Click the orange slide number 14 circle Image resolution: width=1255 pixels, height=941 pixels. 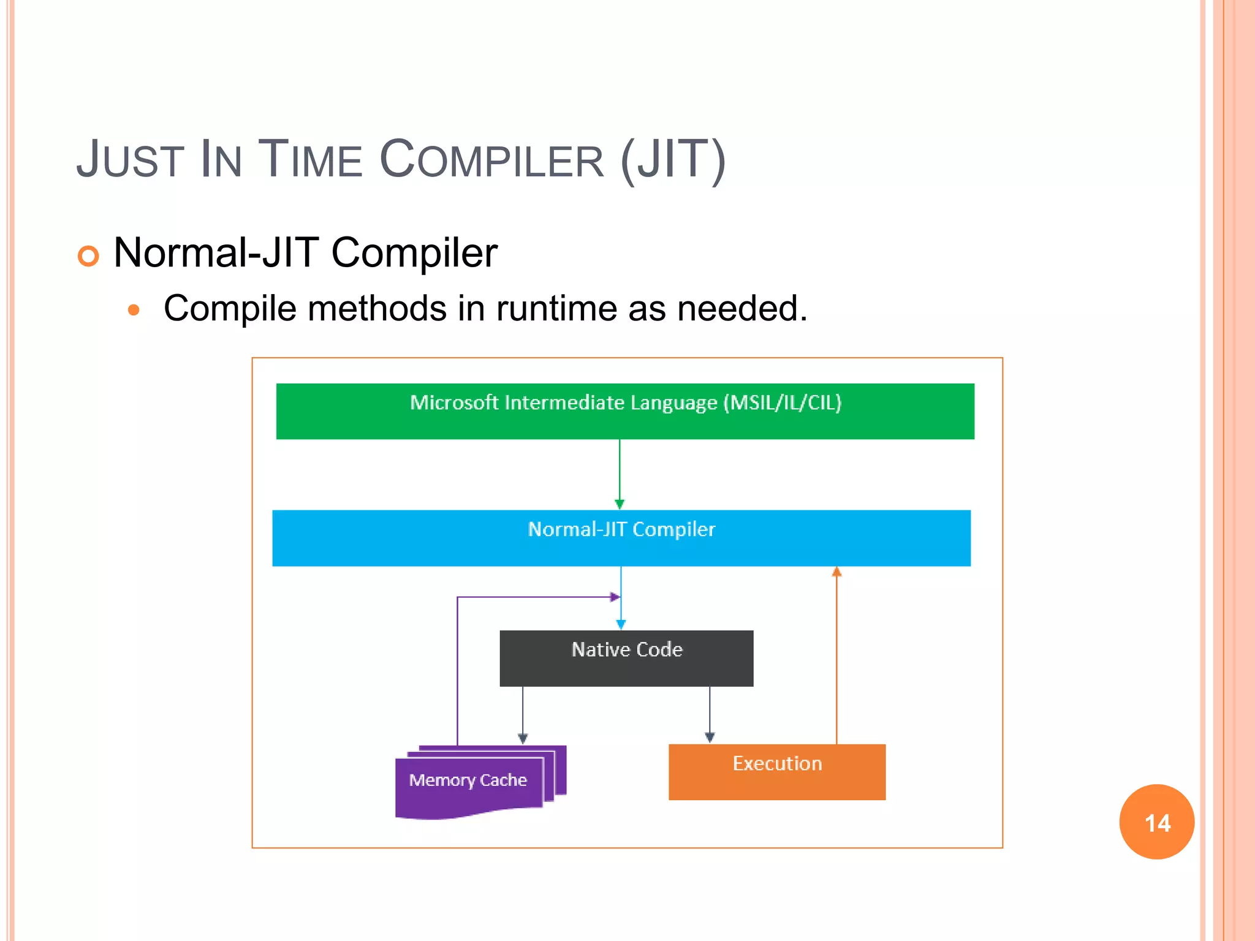click(x=1156, y=822)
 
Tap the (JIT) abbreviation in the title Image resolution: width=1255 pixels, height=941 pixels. click(x=673, y=160)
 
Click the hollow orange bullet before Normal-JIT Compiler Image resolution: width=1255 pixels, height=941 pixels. click(x=88, y=255)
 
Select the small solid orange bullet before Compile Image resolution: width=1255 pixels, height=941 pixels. click(x=134, y=310)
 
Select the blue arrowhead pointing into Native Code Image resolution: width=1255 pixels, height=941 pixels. click(x=621, y=624)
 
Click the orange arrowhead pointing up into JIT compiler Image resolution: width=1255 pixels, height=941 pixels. click(x=836, y=572)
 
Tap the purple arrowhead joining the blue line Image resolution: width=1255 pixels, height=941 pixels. click(x=615, y=597)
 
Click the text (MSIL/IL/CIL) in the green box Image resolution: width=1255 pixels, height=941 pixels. click(x=782, y=403)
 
